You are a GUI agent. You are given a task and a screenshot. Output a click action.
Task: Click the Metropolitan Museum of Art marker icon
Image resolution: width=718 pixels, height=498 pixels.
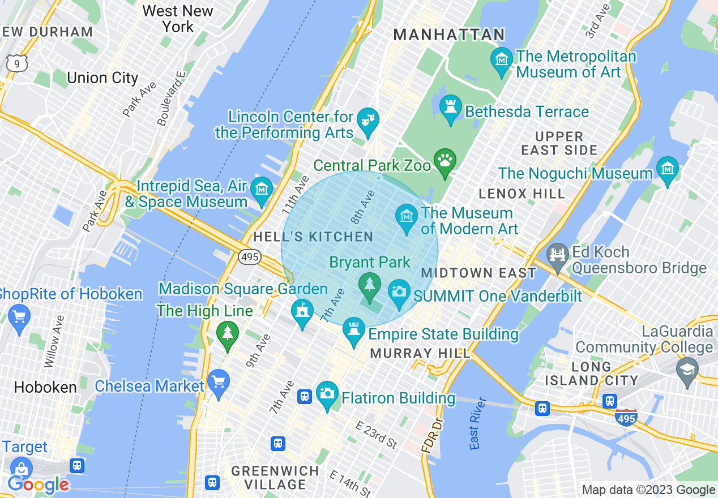tap(502, 59)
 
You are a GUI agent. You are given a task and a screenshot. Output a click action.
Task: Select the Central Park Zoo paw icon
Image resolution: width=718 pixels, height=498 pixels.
tap(445, 161)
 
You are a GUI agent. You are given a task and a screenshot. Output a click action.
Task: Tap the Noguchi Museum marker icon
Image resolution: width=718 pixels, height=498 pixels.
tap(668, 169)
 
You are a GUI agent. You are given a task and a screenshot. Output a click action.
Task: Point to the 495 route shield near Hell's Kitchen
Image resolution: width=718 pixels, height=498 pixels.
tap(249, 257)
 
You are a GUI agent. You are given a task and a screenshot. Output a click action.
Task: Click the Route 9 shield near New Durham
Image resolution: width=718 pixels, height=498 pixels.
tap(17, 63)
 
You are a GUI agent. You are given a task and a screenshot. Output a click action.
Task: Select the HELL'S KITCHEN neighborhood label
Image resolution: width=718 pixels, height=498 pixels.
tap(313, 237)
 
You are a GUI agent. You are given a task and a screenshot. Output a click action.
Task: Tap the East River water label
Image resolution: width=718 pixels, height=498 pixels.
tap(478, 423)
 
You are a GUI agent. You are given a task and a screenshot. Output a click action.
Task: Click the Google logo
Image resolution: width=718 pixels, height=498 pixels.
tap(38, 484)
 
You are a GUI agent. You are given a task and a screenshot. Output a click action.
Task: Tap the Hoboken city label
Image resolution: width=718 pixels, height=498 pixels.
tap(45, 388)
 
